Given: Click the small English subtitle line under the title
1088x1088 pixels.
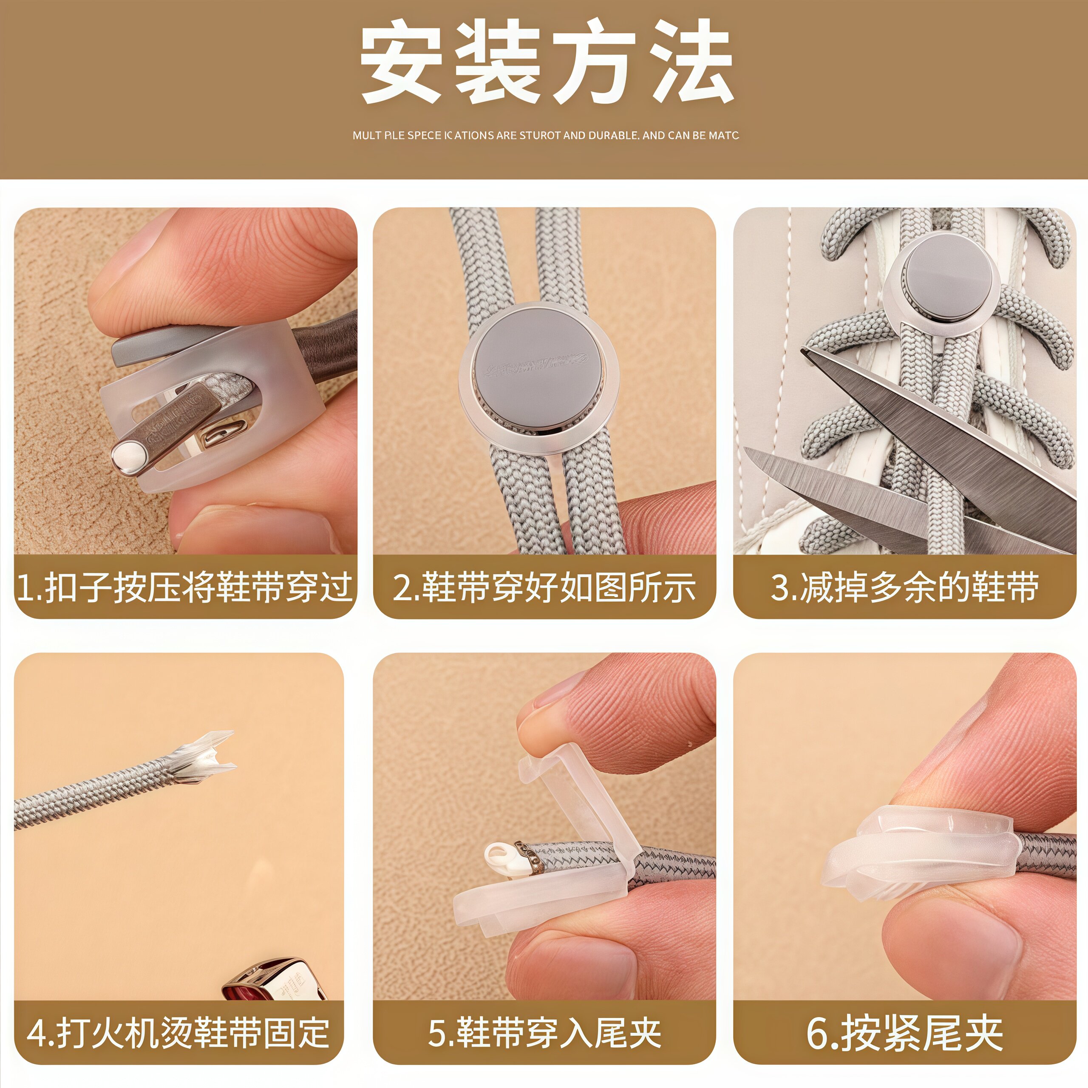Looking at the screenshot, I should pyautogui.click(x=545, y=136).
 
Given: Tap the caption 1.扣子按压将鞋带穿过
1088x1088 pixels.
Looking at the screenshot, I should pyautogui.click(x=185, y=587).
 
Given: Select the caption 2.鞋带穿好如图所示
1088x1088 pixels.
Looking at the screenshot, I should pyautogui.click(x=544, y=587).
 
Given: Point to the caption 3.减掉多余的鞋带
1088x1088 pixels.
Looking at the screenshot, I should pyautogui.click(x=904, y=587).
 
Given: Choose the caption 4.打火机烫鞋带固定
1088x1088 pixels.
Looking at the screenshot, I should pyautogui.click(x=178, y=1032).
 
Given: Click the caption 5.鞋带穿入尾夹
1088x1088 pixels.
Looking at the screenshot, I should pyautogui.click(x=544, y=1032).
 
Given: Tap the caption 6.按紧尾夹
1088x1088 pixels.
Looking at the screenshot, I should pyautogui.click(x=904, y=1032).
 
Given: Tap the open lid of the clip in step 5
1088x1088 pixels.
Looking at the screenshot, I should pyautogui.click(x=575, y=788).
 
